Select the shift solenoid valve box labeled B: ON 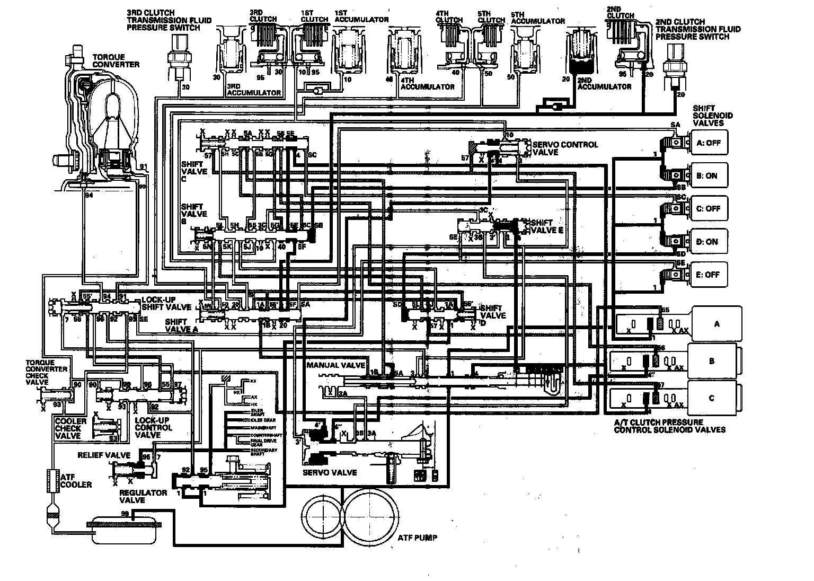coord(707,175)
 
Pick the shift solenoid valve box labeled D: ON coord(707,242)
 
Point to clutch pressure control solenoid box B coord(712,361)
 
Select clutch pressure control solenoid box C coord(712,398)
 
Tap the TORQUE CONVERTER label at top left coord(116,60)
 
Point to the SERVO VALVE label coord(330,472)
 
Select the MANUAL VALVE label coord(335,365)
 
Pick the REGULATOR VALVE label coord(136,496)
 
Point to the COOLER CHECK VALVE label coord(70,428)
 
